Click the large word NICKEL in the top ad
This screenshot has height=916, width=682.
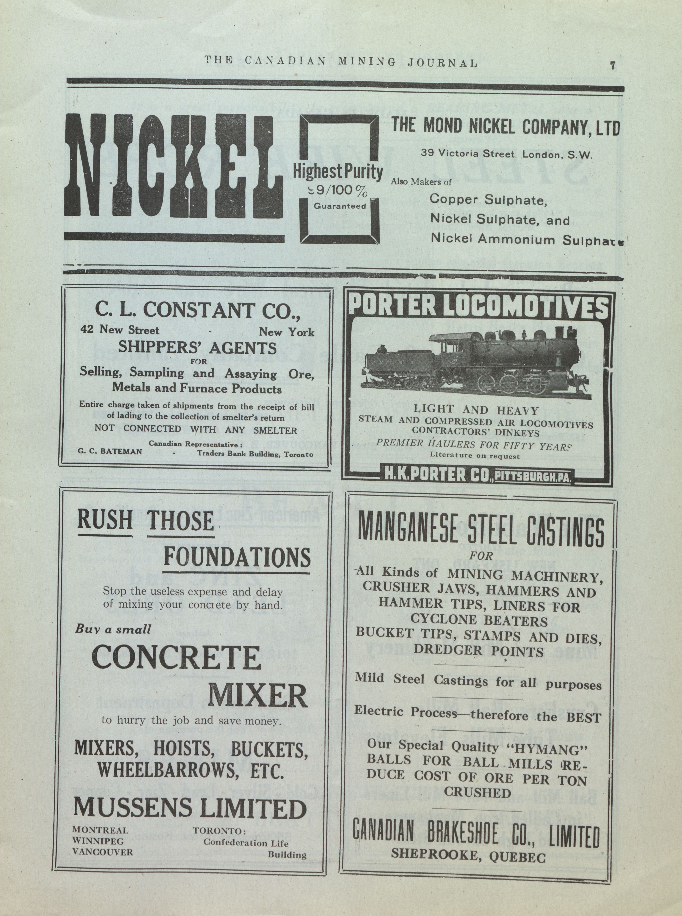[174, 166]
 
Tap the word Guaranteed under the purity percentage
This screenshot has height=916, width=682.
[340, 206]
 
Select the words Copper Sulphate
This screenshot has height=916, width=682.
[488, 200]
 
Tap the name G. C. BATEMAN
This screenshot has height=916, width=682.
[110, 452]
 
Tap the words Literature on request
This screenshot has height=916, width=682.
[475, 456]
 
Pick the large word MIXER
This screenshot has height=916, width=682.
[257, 696]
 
